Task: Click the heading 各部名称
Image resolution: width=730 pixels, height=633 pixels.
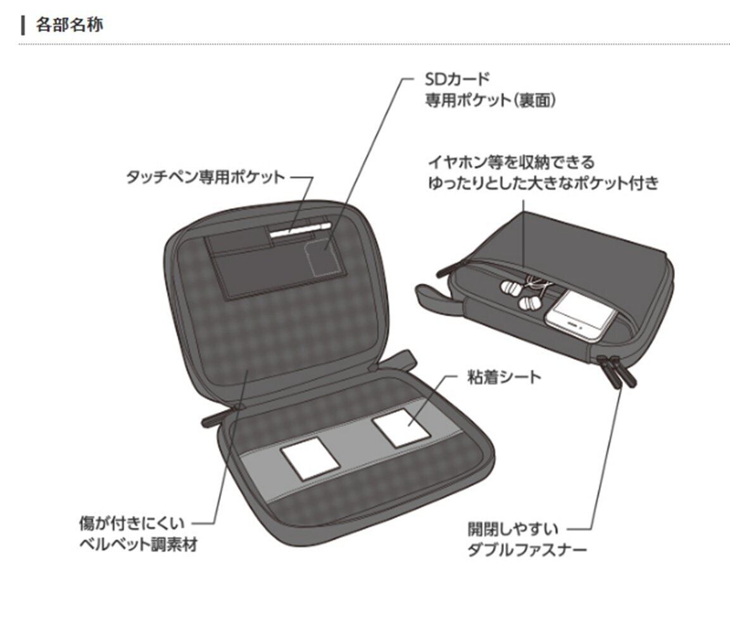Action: [x=70, y=25]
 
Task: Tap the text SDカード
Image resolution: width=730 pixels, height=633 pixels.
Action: [x=456, y=79]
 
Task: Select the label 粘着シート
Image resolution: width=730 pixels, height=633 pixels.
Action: [x=505, y=377]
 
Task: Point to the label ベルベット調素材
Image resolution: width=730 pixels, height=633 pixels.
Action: [x=138, y=544]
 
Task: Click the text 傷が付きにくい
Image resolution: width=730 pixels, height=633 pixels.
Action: [x=132, y=523]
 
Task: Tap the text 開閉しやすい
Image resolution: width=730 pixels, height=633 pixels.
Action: [x=513, y=528]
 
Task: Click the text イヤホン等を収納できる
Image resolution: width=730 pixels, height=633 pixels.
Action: [x=512, y=163]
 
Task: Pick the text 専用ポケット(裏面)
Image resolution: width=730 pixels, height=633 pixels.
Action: [x=489, y=100]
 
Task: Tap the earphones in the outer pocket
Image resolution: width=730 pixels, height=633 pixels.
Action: [x=519, y=294]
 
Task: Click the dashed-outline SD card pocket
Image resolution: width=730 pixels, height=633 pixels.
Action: [x=322, y=257]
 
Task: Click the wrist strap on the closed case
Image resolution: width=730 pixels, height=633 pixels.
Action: [x=436, y=298]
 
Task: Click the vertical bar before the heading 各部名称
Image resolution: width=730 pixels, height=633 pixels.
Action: [x=23, y=25]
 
